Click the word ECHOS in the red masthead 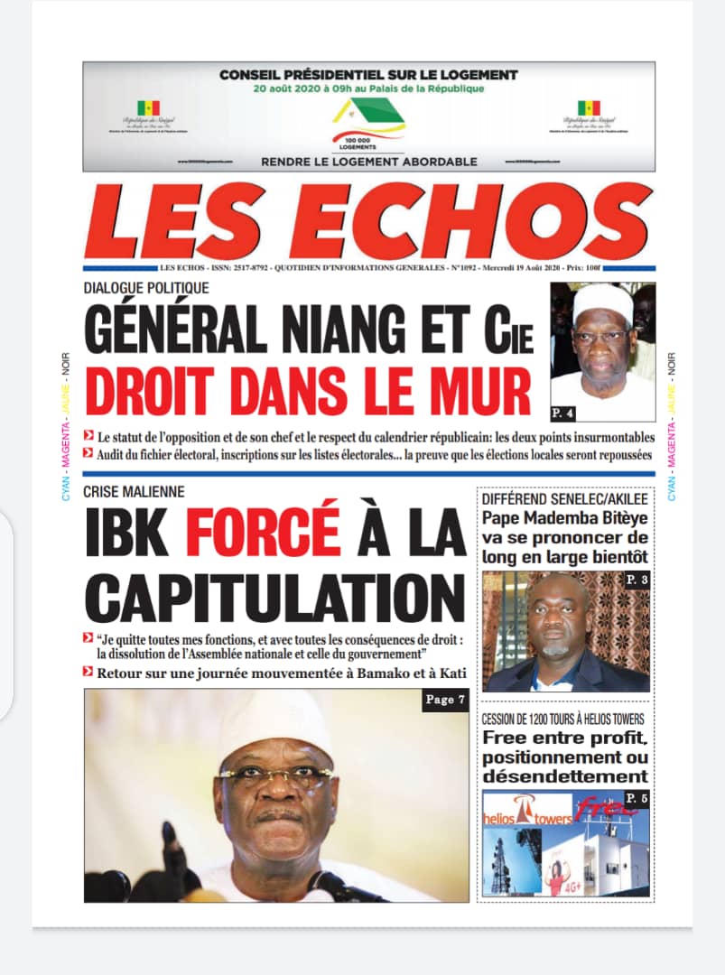coord(484,223)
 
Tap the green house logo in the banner coord(368,115)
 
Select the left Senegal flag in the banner coord(148,108)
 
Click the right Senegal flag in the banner coord(589,108)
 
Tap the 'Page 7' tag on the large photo coord(445,701)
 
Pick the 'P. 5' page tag coord(637,799)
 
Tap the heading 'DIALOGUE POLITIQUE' coord(146,288)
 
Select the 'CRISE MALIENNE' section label coord(134,492)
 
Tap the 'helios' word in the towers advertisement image coord(508,818)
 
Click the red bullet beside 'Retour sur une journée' coord(88,671)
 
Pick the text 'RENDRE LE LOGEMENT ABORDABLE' coord(368,162)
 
